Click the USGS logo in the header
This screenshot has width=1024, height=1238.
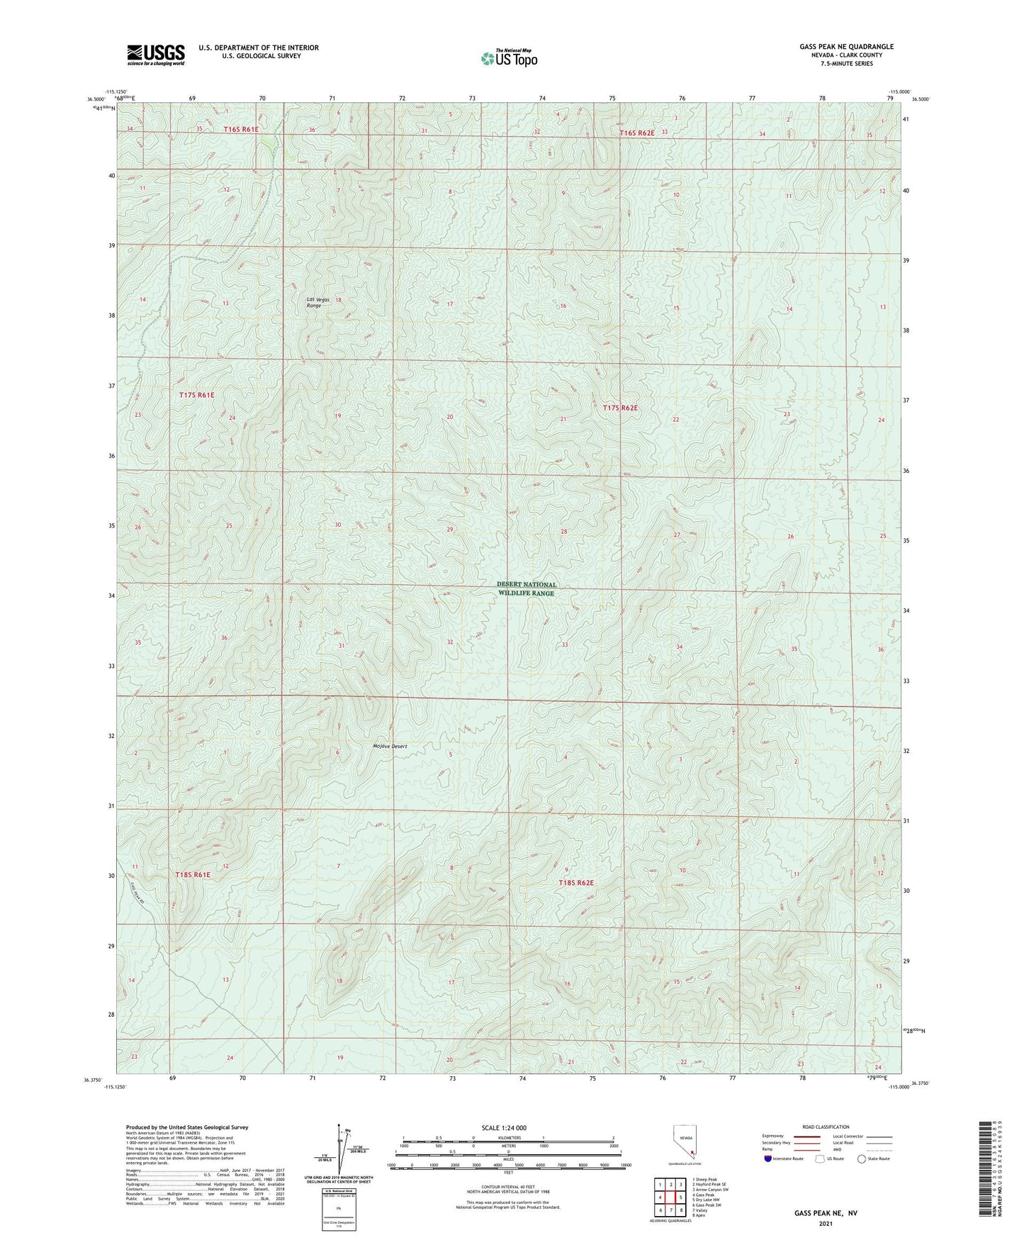coord(155,55)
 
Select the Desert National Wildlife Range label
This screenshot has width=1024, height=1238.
coord(526,589)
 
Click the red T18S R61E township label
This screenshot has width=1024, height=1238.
coord(193,875)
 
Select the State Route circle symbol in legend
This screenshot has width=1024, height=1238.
coord(861,1159)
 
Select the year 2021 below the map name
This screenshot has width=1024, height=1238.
coord(825,1225)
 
